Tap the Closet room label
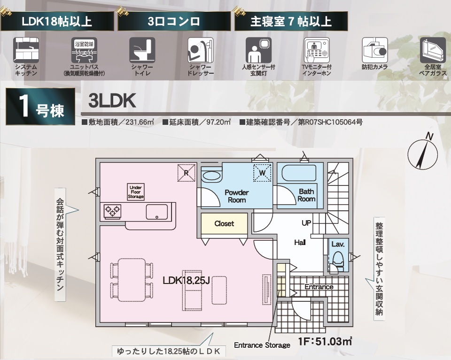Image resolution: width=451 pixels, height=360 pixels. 224,223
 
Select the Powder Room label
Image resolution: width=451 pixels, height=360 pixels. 237,196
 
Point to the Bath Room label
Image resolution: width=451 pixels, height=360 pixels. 306,195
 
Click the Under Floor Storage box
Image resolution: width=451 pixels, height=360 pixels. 136,192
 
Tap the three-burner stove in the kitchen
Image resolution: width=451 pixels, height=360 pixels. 112,212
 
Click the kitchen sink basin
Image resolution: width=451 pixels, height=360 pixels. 157,212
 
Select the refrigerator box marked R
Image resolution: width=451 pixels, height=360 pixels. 187,173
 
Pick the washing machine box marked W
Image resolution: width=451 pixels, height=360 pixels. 262,173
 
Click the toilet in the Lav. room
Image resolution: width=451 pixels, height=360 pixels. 338,260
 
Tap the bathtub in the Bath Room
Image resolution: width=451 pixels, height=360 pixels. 299,173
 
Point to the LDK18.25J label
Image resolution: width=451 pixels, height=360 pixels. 186,280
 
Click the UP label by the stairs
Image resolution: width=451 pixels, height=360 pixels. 306,223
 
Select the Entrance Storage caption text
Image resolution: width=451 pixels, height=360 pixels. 262,345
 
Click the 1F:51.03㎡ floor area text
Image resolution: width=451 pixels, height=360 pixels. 325,341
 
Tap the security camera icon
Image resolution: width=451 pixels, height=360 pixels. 375,50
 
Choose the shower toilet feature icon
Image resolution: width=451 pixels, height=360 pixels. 142,50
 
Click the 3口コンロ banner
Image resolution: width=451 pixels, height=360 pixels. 174,21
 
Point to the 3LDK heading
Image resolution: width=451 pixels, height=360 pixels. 112,101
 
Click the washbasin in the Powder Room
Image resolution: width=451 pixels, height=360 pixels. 212,176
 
